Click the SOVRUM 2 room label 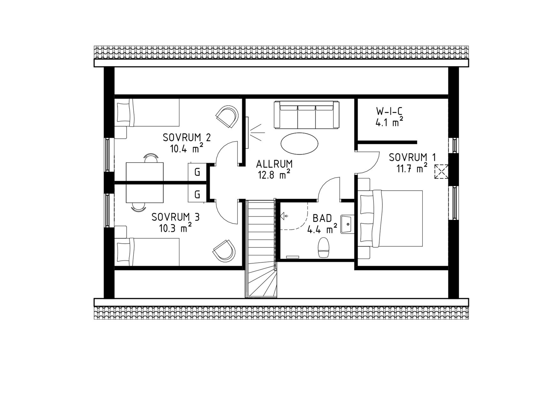coord(187,138)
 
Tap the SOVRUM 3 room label coord(176,217)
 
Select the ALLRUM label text coord(274,164)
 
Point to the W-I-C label coord(389,111)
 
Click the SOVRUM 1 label coord(413,157)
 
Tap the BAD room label coord(322,218)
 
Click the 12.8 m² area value coord(274,175)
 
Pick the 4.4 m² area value coord(322,229)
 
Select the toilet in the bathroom coord(323,248)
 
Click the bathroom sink coord(347,224)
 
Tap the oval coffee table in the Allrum coord(299,144)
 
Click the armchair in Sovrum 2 coord(227,117)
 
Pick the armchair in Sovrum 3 coord(224,250)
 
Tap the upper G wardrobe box coord(197,173)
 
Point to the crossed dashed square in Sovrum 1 coord(441,172)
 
